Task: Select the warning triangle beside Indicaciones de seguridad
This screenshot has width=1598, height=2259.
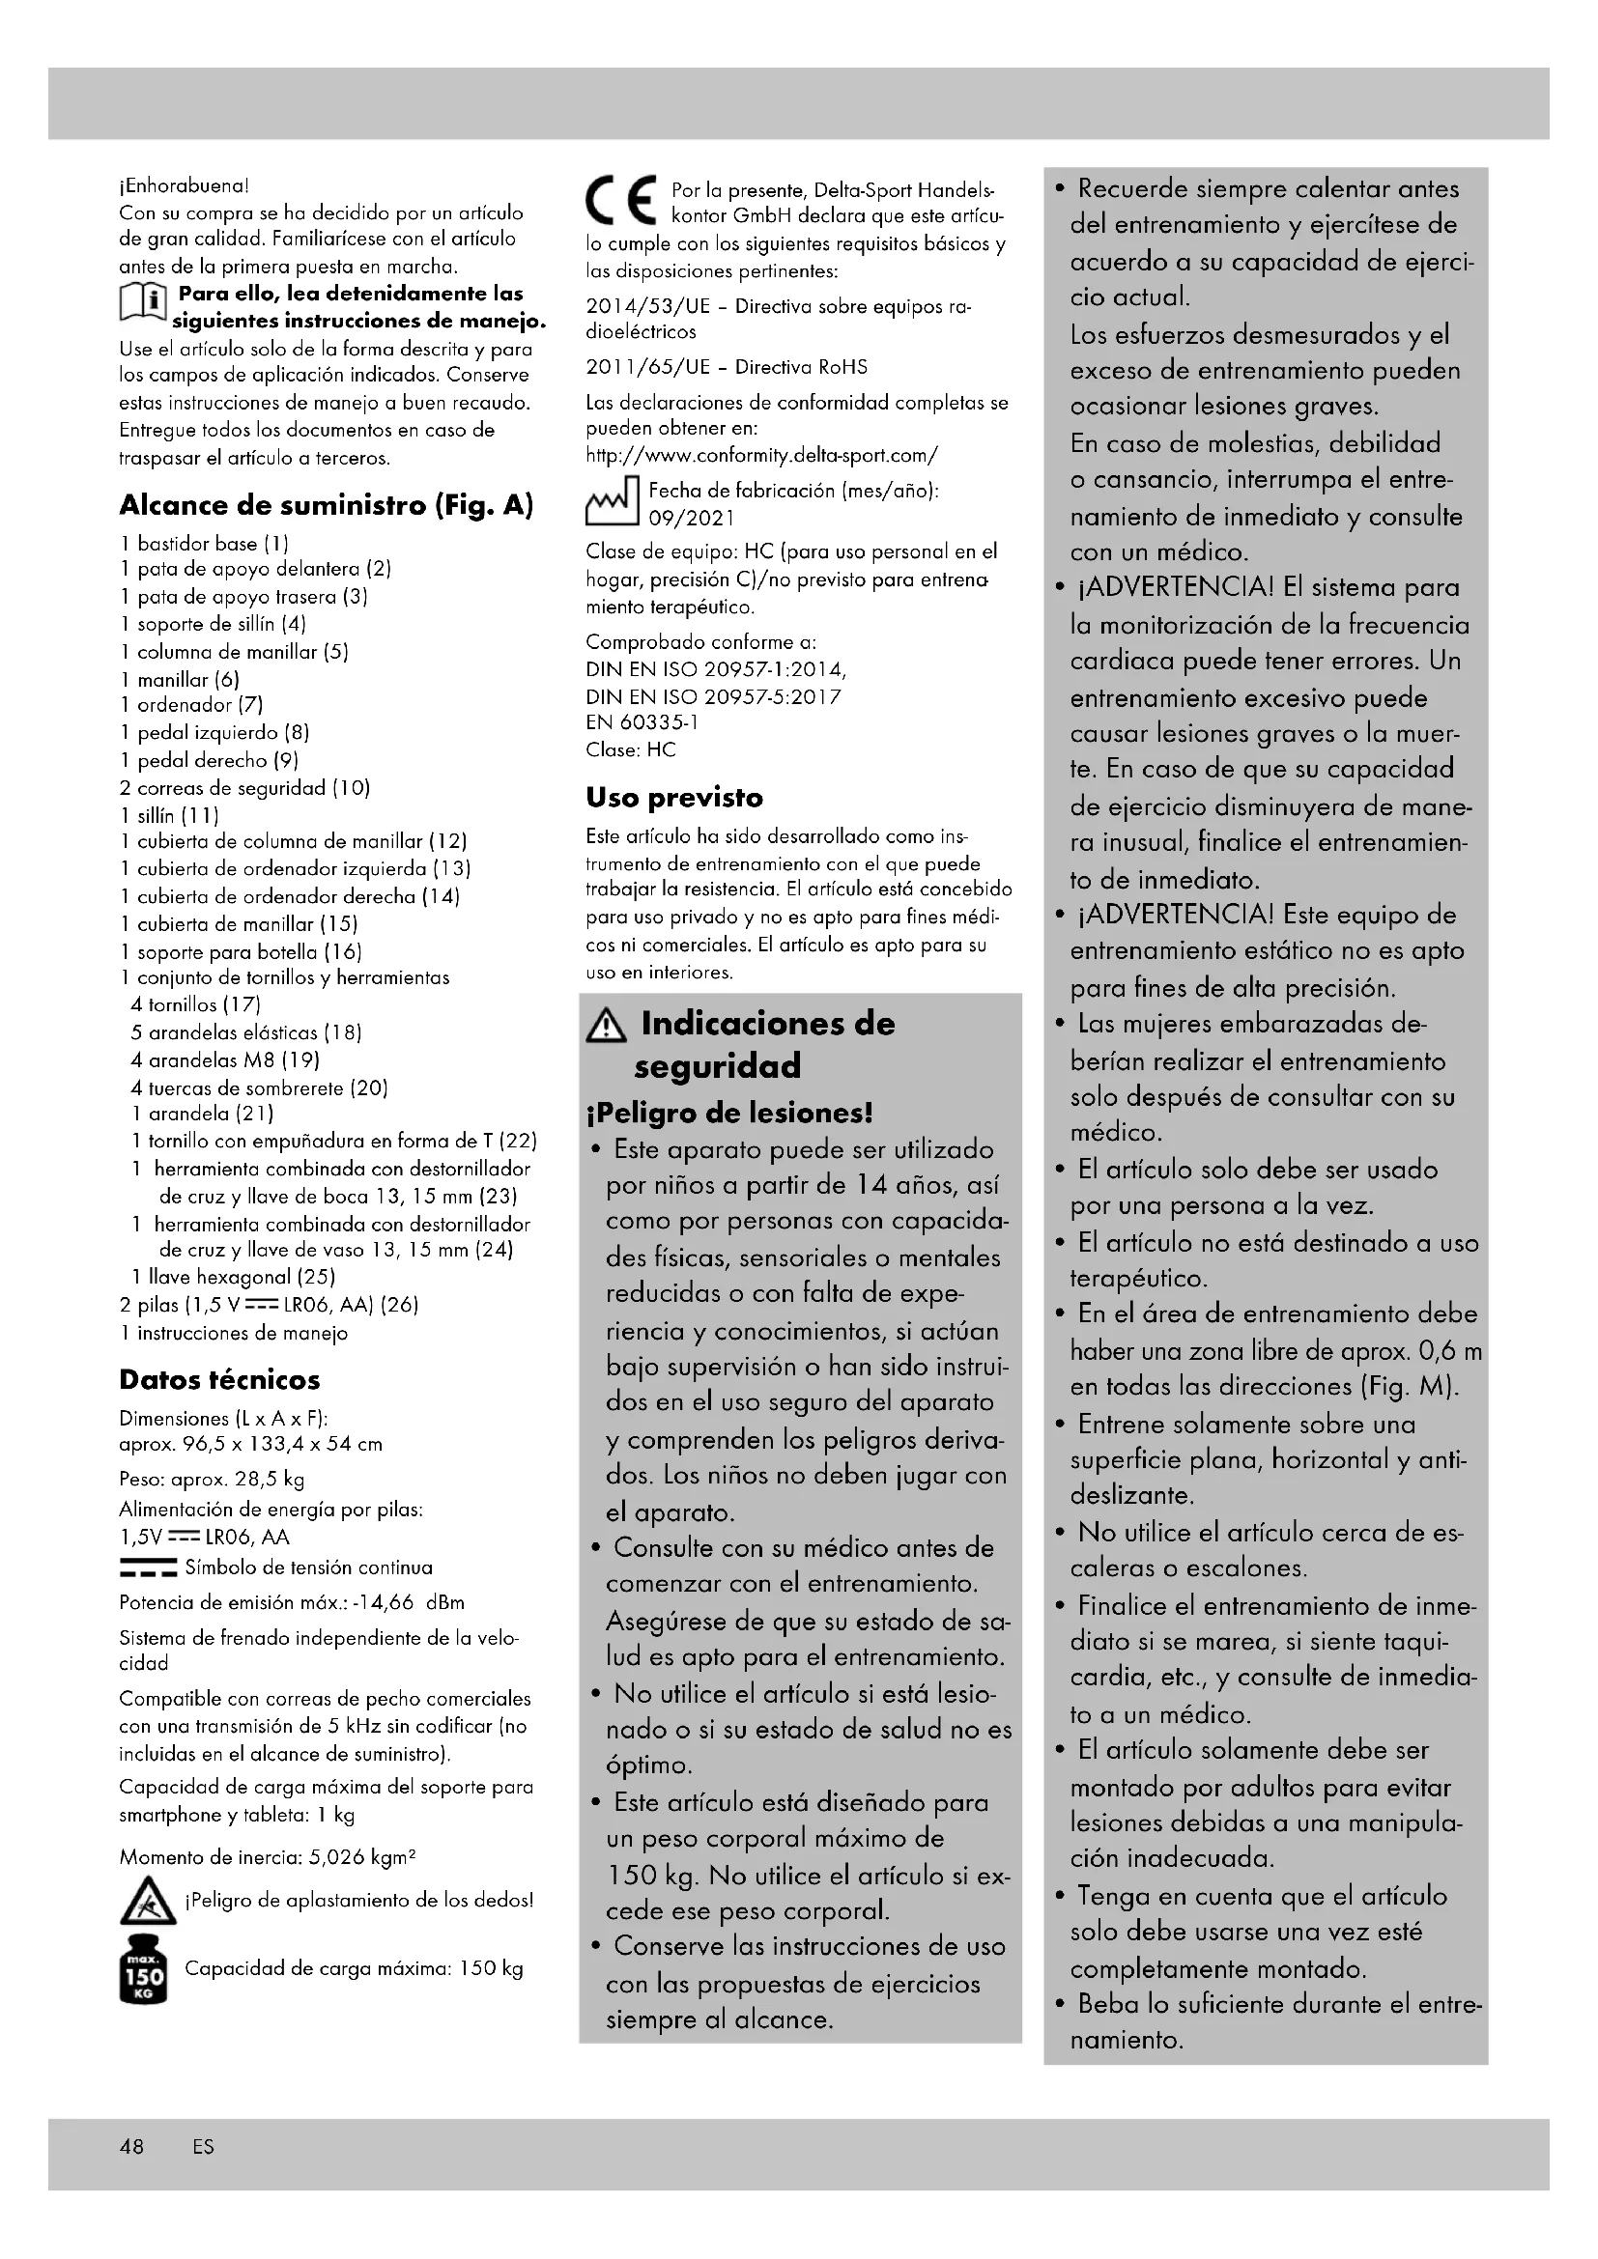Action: click(x=606, y=1028)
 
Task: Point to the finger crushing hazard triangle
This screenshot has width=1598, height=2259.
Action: click(x=147, y=1901)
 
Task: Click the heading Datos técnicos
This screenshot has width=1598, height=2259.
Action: click(x=219, y=1379)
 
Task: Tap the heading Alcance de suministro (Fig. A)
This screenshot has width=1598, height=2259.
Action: click(x=326, y=505)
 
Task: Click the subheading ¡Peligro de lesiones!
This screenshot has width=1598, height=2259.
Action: click(x=729, y=1113)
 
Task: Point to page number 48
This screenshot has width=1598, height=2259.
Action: click(x=131, y=2146)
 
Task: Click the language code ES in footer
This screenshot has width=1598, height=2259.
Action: click(x=204, y=2146)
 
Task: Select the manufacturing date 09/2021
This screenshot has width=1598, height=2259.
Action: click(x=692, y=518)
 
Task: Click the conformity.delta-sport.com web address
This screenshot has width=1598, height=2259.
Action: click(x=761, y=456)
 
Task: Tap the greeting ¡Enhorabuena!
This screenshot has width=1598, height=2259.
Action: click(x=184, y=185)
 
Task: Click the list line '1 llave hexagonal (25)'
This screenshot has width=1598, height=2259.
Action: click(x=233, y=1277)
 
